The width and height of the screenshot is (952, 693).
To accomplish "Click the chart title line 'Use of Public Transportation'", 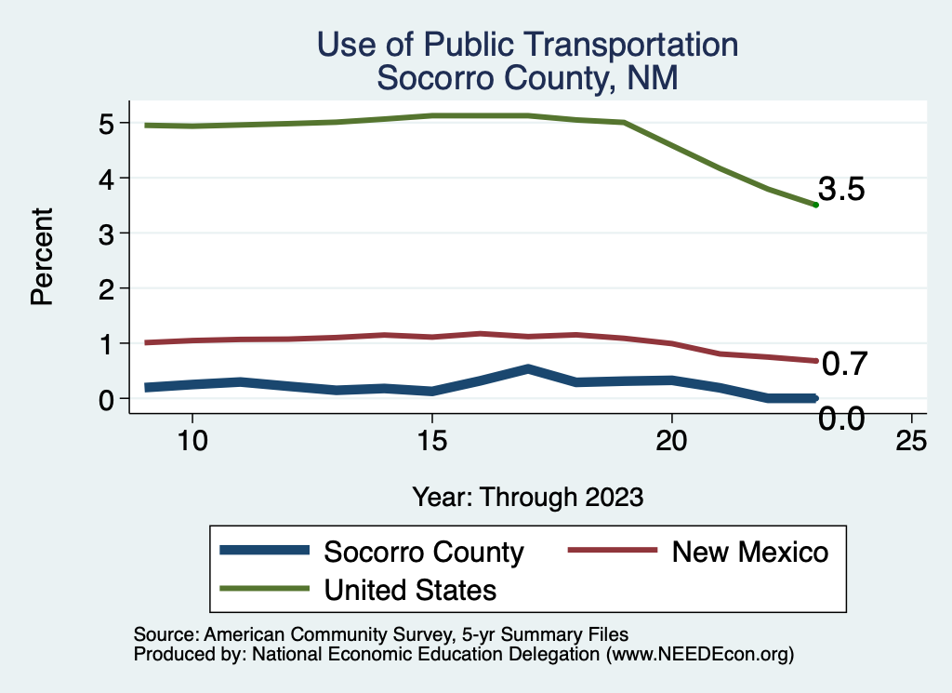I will pyautogui.click(x=527, y=45).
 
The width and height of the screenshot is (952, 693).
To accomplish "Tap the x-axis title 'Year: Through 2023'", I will pyautogui.click(x=527, y=497).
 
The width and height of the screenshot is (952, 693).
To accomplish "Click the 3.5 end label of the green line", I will pyautogui.click(x=841, y=190).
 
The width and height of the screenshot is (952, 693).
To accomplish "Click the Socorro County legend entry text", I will pyautogui.click(x=423, y=552).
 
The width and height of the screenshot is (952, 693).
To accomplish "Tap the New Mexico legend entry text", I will pyautogui.click(x=749, y=552).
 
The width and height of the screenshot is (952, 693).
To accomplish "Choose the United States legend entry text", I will pyautogui.click(x=410, y=589).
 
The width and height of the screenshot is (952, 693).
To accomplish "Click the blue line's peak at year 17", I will pyautogui.click(x=528, y=369).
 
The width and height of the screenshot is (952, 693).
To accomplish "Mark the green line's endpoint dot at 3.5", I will pyautogui.click(x=815, y=205).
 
